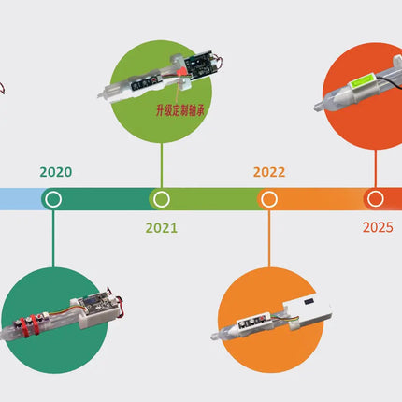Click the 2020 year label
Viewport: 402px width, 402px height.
56,172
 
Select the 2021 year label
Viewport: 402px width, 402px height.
162,228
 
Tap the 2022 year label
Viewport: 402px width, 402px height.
269,172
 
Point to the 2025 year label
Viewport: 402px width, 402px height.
378,227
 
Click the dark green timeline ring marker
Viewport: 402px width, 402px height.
53,199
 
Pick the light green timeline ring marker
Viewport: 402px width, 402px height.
162,199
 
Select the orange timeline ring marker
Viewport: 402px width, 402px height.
269,199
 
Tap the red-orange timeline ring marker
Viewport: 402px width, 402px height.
376,199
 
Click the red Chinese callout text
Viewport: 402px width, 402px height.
180,110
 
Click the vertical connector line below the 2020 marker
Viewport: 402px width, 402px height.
53,238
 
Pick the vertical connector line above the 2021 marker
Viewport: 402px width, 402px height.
162,165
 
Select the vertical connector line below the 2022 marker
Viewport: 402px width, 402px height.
269,238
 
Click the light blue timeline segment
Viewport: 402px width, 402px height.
22,199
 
